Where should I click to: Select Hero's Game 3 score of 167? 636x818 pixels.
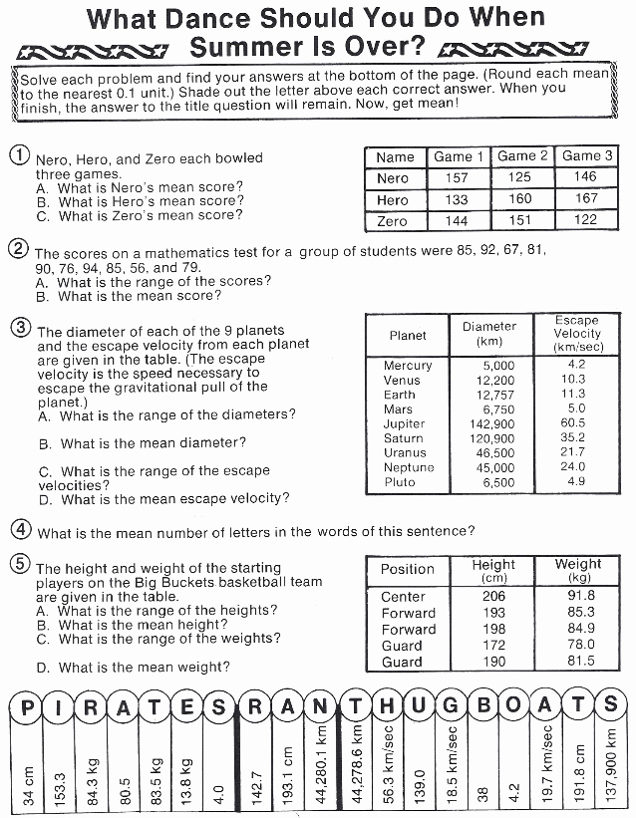coord(587,199)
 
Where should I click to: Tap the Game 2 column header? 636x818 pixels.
coord(522,156)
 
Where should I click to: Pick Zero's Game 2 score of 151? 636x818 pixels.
coord(522,221)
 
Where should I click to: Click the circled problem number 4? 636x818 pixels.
coord(20,529)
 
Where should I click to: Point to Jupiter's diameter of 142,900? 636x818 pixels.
coord(491,423)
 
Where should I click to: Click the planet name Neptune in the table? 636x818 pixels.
coord(409,467)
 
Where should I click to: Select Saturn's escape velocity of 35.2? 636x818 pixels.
coord(573,437)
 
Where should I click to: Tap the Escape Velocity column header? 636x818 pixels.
coord(577,333)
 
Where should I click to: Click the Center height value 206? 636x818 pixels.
coord(494,596)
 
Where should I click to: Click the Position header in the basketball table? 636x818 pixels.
coord(408,569)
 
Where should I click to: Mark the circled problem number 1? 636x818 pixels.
coord(19,155)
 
